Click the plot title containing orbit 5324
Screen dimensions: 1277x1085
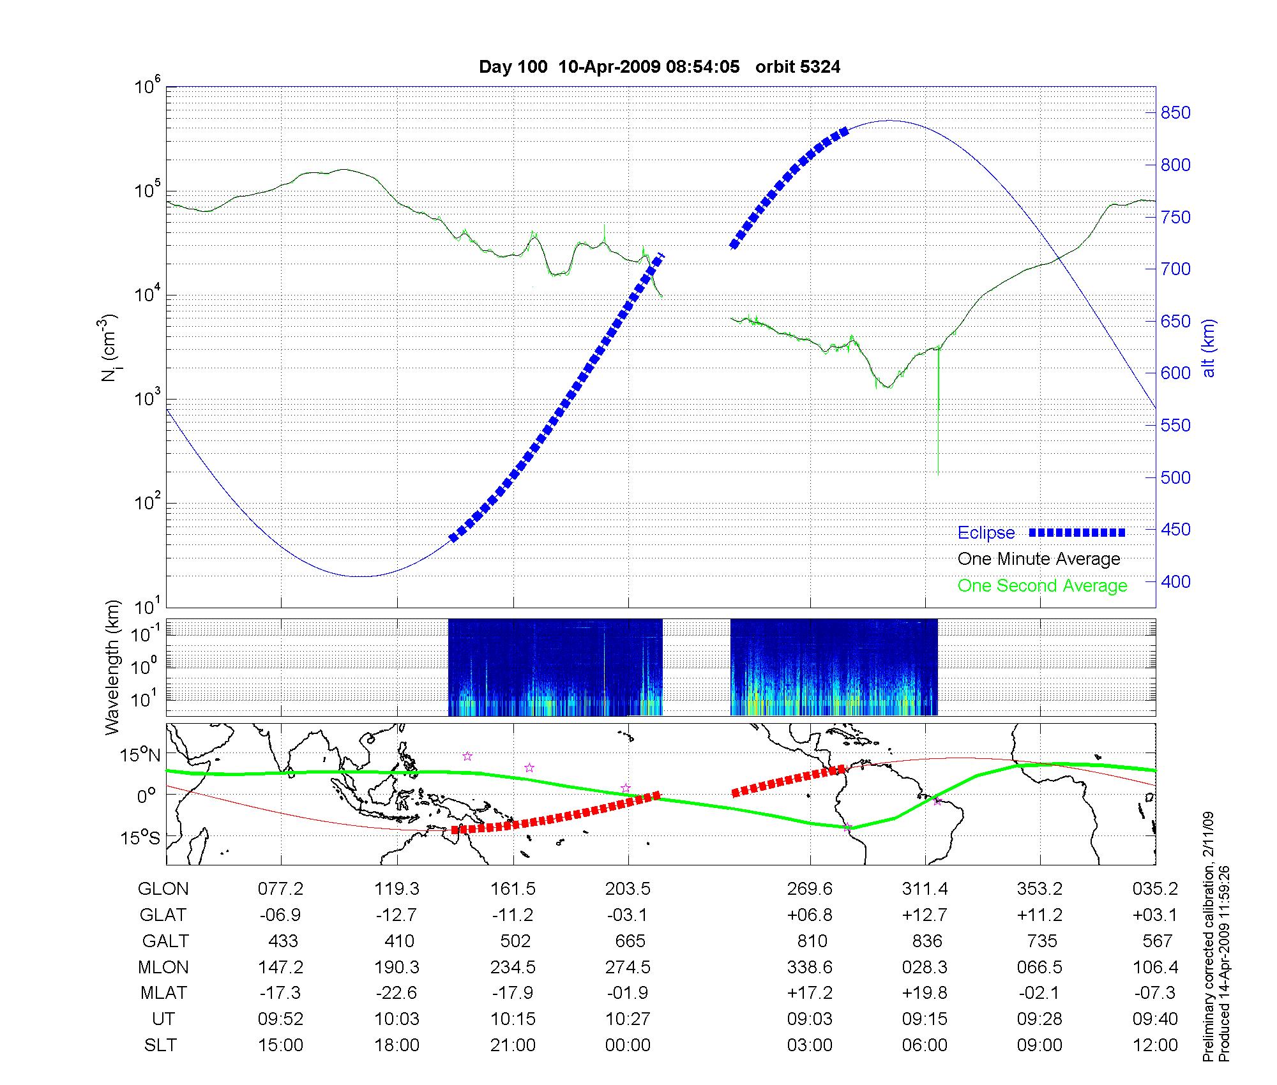(x=660, y=66)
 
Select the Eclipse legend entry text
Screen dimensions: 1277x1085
(x=986, y=533)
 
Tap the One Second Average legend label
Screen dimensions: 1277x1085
(x=1042, y=586)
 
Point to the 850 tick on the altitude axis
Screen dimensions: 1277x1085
(x=1175, y=113)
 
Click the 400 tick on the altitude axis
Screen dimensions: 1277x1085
(x=1175, y=581)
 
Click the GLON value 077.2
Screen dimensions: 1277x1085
(x=280, y=888)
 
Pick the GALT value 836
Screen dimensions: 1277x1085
(x=926, y=941)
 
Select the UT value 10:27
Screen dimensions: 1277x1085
(x=628, y=1019)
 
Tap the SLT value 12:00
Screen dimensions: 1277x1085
(x=1155, y=1045)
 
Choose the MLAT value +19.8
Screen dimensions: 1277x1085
(x=925, y=992)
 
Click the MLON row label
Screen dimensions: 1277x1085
(x=163, y=967)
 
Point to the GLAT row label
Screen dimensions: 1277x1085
(x=163, y=915)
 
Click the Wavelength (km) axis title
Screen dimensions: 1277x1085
(x=112, y=667)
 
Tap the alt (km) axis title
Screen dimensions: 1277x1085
(x=1209, y=348)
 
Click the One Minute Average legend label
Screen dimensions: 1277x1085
(x=1039, y=559)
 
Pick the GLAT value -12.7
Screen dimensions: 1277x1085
(x=397, y=915)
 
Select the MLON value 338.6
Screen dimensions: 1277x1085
(x=810, y=967)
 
